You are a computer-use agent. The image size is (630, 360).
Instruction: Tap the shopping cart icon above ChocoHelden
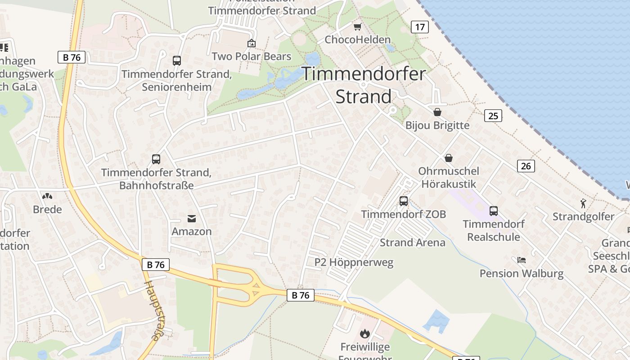(x=357, y=27)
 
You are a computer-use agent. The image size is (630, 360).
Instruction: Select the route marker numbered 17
(x=419, y=27)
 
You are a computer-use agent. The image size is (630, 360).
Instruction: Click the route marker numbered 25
(x=493, y=116)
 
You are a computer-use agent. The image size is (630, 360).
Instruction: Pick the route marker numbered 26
(x=526, y=166)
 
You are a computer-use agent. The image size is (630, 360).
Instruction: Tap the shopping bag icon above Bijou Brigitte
(x=437, y=112)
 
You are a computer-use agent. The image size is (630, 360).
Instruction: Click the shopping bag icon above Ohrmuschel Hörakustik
(x=448, y=158)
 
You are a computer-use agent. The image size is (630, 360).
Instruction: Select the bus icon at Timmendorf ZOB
(x=403, y=201)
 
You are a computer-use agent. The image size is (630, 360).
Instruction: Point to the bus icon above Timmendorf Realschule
(x=493, y=211)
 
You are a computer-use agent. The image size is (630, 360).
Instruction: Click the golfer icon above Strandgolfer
(x=583, y=203)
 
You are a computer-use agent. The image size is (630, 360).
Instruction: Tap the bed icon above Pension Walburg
(x=522, y=260)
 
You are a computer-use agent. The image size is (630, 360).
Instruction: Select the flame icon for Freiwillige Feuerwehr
(x=364, y=333)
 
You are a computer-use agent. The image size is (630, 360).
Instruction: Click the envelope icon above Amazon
(x=192, y=219)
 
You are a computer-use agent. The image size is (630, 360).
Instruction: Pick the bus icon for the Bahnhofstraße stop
(x=156, y=159)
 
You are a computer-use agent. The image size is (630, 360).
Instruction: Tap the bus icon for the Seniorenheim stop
(x=177, y=61)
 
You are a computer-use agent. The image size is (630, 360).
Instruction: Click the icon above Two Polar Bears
(x=252, y=44)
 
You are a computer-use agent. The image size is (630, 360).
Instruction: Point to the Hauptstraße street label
(x=153, y=310)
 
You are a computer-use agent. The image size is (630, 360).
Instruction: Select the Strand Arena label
(x=412, y=243)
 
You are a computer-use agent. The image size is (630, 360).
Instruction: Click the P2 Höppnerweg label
(x=354, y=262)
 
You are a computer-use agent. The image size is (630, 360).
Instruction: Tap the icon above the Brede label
(x=47, y=196)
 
